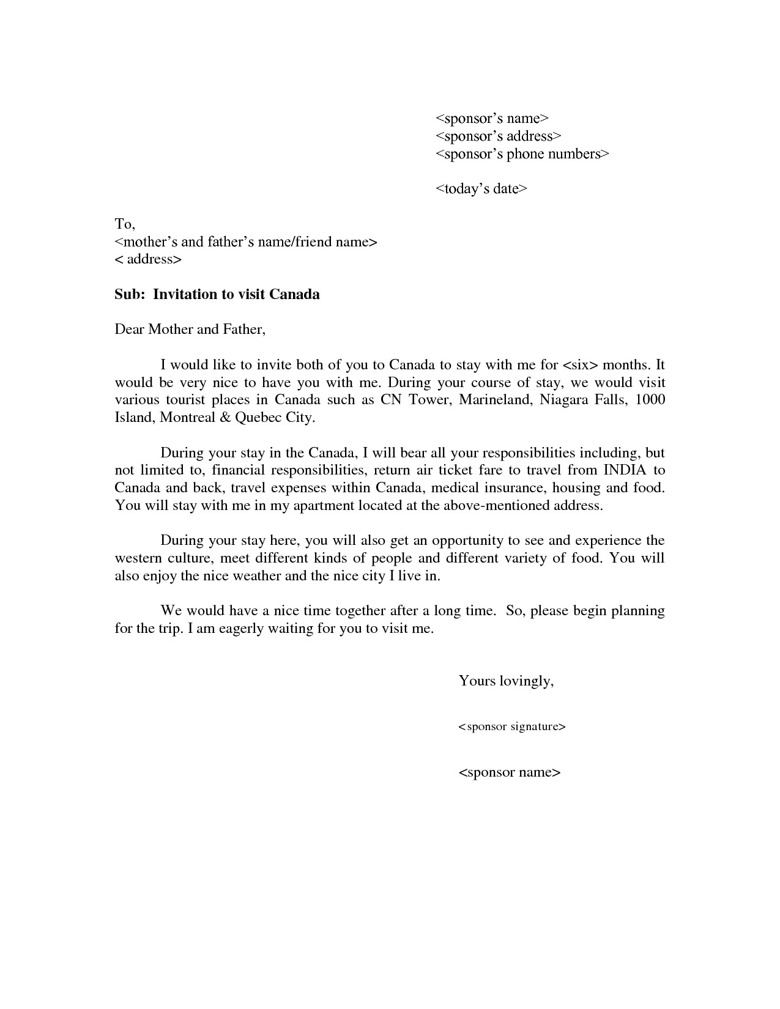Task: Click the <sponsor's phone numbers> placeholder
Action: pos(522,153)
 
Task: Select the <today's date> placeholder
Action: pos(481,188)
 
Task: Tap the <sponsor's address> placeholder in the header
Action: pos(498,136)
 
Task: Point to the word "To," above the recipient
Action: pos(125,224)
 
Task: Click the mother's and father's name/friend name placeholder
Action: pos(246,242)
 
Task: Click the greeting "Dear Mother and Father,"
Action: pos(190,330)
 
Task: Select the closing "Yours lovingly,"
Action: pos(506,681)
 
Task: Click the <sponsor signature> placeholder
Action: pos(511,726)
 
